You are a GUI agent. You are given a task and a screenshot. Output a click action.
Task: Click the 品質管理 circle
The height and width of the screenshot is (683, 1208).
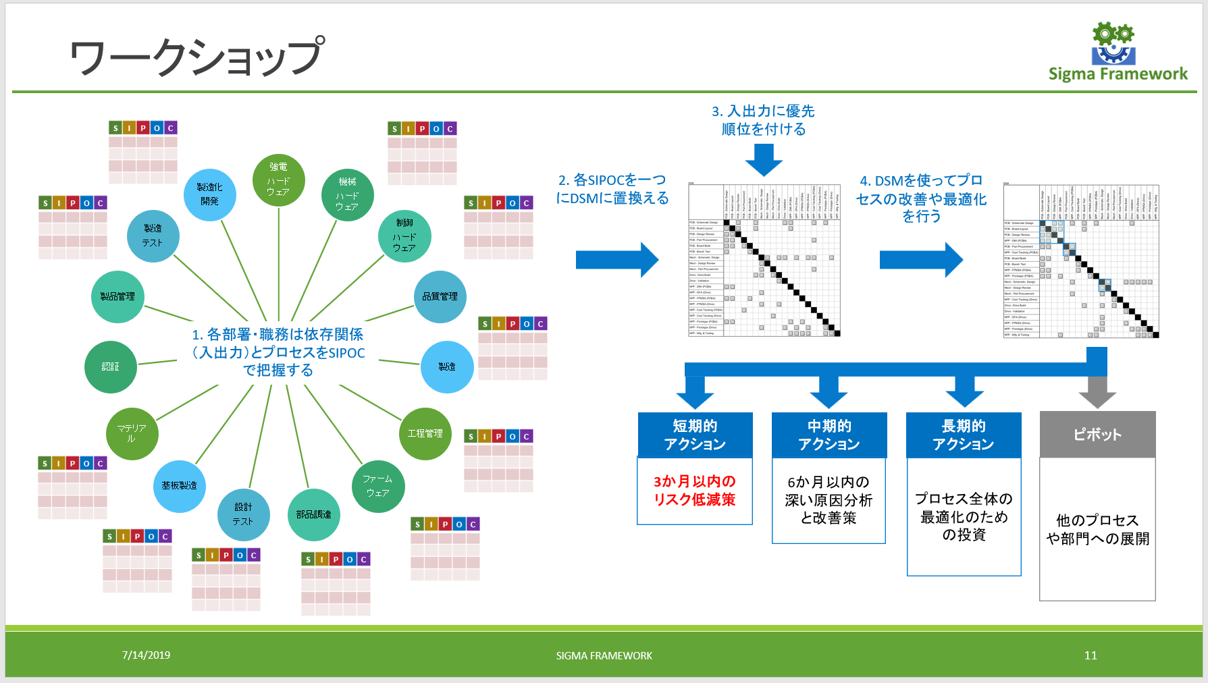click(440, 297)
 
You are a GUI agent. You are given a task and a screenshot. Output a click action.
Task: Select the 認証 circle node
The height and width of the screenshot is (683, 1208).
click(110, 366)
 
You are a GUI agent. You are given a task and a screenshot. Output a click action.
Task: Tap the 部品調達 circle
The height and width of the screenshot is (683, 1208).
click(313, 514)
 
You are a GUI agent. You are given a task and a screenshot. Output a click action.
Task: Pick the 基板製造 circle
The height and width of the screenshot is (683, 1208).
click(179, 486)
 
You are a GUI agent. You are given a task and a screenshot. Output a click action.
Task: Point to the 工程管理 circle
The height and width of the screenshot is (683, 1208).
click(425, 433)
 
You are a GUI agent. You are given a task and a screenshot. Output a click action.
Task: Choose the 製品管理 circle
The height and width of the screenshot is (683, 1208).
click(117, 297)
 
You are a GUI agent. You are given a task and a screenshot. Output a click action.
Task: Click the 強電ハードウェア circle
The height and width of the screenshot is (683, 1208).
click(278, 180)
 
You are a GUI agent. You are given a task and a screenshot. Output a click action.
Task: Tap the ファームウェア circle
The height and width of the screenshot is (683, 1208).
click(377, 486)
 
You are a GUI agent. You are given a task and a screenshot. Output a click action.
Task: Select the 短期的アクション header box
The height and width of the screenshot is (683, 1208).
click(695, 435)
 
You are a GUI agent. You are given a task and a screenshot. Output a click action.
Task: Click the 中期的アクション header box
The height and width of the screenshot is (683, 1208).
click(829, 435)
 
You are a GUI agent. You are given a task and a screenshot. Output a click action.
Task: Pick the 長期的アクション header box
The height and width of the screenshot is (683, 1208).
click(963, 435)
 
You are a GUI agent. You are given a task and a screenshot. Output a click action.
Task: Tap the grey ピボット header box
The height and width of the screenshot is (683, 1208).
click(1097, 435)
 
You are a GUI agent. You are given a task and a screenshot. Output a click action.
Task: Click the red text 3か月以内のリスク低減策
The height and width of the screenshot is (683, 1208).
click(694, 491)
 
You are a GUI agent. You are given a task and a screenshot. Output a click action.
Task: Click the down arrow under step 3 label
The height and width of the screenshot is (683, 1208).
click(764, 160)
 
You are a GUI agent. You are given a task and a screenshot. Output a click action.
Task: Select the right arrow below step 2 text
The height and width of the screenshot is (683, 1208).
click(616, 260)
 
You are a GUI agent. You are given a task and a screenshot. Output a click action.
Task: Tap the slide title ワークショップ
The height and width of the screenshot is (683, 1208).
click(196, 57)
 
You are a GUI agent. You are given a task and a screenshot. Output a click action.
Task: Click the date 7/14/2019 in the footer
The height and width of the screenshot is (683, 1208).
click(146, 655)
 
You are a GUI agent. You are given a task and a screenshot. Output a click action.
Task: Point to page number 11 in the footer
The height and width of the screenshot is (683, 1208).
click(1091, 655)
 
